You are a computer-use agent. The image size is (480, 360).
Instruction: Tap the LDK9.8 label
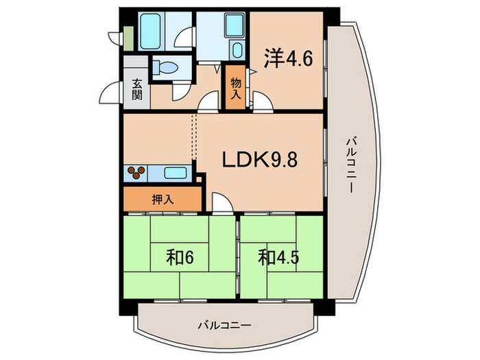coord(260,160)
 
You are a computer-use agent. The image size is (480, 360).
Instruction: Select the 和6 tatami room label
coord(180,257)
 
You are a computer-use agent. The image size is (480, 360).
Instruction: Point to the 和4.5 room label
coord(278,257)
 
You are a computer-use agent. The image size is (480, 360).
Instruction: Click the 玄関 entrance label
coord(137,89)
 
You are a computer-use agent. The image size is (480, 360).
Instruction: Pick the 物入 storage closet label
coord(236,88)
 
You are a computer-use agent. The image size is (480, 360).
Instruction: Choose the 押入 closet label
coord(163,200)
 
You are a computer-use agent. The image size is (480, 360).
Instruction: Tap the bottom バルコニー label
coord(224,325)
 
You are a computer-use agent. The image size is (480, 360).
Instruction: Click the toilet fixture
coord(165,67)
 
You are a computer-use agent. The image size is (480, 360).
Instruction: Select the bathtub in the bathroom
coord(150,31)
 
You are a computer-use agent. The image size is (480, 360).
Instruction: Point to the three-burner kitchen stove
coord(136,173)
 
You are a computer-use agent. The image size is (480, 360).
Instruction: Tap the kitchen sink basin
coord(176,173)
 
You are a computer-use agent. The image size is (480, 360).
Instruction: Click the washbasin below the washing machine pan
coord(237,49)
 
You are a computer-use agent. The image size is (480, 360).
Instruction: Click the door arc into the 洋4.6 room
coord(263,101)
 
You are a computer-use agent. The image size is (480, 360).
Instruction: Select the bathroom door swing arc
coord(185,37)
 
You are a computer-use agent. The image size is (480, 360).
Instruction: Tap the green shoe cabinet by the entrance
coord(129,38)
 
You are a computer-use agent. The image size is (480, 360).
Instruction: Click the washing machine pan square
coord(235,25)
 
